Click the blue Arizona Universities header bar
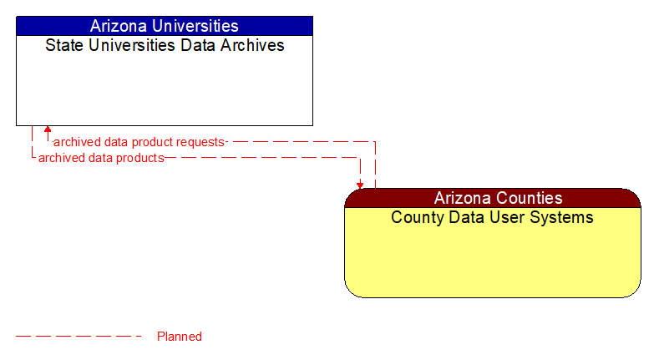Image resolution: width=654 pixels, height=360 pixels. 164,26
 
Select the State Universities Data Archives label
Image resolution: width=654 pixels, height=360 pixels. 165,45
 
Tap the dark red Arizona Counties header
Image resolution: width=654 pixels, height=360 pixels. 492,198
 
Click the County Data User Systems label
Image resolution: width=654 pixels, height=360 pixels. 492,217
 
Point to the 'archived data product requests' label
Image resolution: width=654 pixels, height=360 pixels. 139,142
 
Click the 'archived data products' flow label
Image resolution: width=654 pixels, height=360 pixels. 101,157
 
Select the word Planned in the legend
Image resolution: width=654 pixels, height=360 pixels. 180,337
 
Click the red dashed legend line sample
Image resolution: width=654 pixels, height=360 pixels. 79,337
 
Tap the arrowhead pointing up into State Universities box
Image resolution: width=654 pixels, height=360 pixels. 48,130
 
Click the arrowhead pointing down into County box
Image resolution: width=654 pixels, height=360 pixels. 360,185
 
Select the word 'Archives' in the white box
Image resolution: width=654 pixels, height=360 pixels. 252,45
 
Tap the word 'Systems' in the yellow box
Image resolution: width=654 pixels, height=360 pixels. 563,217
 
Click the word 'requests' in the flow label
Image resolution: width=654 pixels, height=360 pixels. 200,142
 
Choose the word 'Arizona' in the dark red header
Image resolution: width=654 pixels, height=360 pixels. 462,198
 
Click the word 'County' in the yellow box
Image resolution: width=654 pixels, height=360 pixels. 418,217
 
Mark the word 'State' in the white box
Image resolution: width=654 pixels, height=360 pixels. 63,45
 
